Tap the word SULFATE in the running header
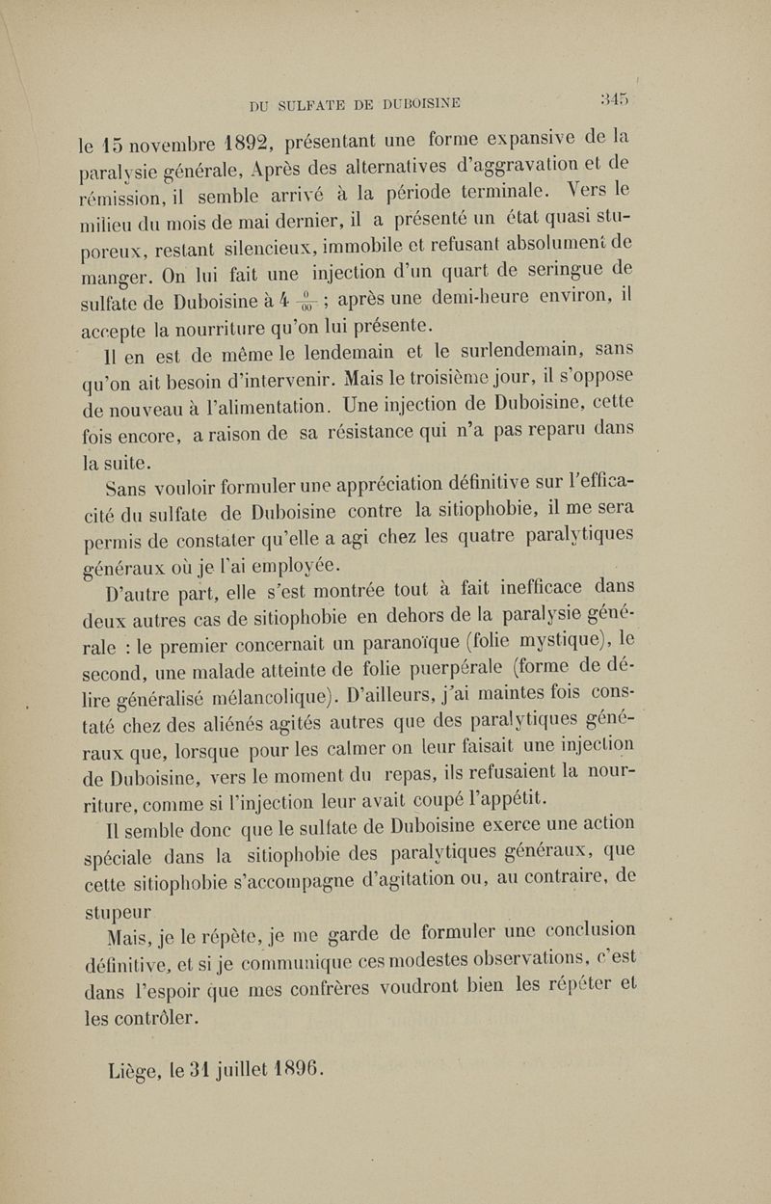tap(323, 101)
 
